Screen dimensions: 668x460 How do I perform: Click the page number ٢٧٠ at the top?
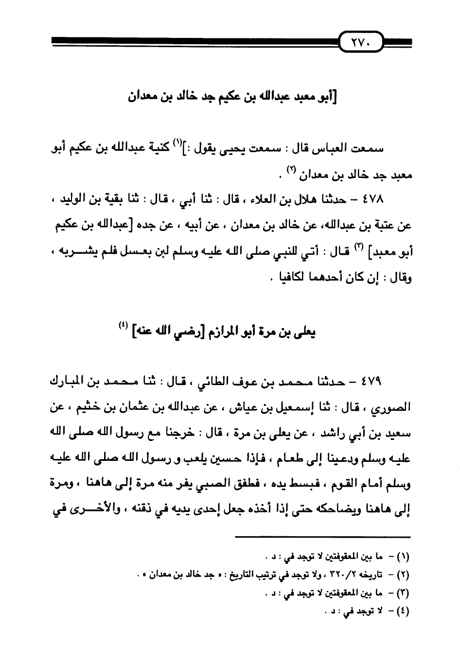361,43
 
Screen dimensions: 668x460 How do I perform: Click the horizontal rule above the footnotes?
323,537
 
